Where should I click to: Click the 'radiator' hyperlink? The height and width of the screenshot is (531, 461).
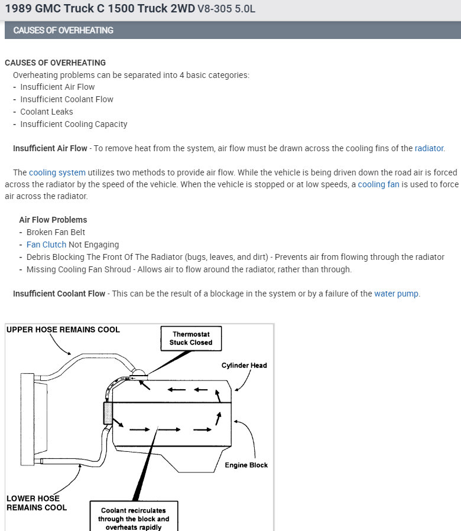point(428,148)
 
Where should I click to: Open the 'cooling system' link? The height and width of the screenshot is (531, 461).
point(57,172)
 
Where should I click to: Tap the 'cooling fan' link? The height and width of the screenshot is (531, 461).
point(379,185)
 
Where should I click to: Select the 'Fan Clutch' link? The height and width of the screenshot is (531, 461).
point(47,245)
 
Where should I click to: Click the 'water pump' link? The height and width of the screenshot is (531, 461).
point(396,294)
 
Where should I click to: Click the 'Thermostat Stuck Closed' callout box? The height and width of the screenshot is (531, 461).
point(191,338)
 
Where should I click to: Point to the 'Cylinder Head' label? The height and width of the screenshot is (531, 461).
point(244,366)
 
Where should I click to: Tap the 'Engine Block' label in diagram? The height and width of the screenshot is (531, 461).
point(246,465)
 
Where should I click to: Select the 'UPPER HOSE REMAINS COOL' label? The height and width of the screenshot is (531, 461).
point(63,330)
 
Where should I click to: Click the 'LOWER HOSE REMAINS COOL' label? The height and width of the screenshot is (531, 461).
point(37,503)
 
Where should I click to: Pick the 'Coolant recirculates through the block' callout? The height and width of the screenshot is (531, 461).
point(134,518)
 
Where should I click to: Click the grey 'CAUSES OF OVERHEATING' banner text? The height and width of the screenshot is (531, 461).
point(63,30)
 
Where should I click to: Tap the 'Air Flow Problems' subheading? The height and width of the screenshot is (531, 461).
point(53,220)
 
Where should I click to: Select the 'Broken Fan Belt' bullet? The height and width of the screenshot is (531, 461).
point(56,232)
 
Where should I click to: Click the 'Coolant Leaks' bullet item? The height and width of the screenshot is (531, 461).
point(47,112)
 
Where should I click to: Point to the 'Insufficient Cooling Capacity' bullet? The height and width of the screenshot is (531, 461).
point(74,124)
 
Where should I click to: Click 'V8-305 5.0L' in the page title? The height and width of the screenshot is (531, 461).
point(227,9)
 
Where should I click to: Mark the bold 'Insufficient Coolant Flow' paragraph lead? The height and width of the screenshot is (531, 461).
point(59,294)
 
